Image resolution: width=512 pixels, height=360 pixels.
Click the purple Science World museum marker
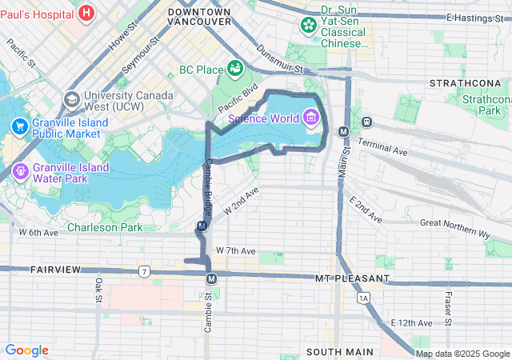[x=310, y=119]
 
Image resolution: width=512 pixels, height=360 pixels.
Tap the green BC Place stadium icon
[x=235, y=70]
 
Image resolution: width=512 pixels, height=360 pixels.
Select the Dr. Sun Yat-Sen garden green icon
[x=309, y=26]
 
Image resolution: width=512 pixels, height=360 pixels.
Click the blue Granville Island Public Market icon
[x=18, y=126]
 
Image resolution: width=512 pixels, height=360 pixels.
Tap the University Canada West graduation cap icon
[x=72, y=100]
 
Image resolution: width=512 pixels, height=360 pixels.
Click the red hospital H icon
[x=86, y=13]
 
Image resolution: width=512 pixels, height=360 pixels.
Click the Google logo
[x=27, y=350]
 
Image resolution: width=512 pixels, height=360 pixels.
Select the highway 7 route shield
[x=143, y=271]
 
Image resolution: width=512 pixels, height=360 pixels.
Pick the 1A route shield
[x=365, y=298]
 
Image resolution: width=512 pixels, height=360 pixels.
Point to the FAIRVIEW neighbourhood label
[x=56, y=270]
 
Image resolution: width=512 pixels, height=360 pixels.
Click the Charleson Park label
[x=105, y=227]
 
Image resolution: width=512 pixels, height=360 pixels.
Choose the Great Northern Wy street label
[x=454, y=228]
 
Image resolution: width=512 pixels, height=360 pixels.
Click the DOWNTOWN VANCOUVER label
[x=199, y=17]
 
